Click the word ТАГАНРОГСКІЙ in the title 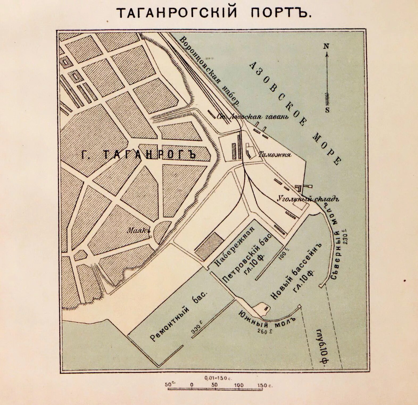pyautogui.click(x=177, y=12)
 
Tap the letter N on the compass pyautogui.click(x=326, y=46)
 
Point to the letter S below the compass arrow pyautogui.click(x=327, y=110)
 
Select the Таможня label pyautogui.click(x=275, y=155)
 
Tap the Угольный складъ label pyautogui.click(x=308, y=199)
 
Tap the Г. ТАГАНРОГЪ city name pyautogui.click(x=138, y=154)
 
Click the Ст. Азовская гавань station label pyautogui.click(x=253, y=117)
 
